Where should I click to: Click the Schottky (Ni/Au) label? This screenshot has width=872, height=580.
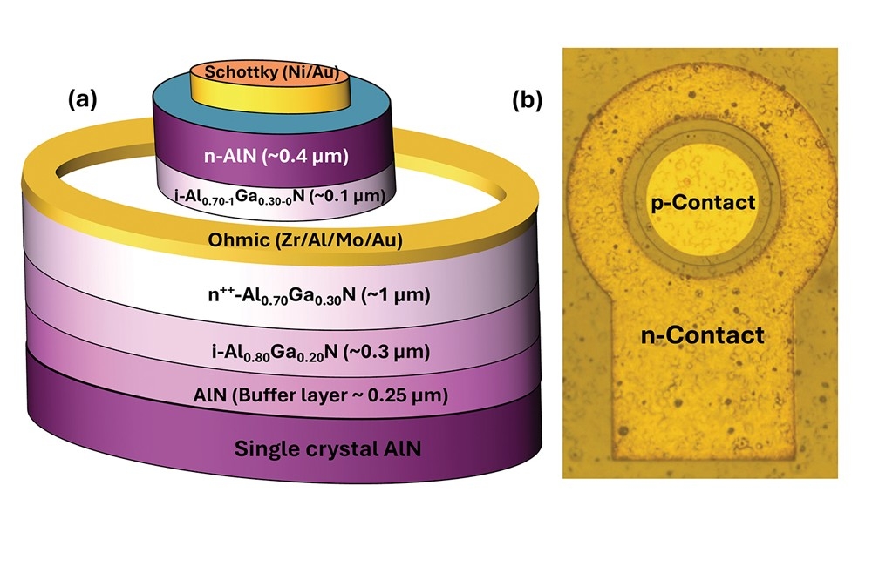tap(271, 72)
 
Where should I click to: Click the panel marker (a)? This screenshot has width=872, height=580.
tap(85, 100)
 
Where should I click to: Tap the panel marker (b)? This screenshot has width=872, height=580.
tap(527, 100)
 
